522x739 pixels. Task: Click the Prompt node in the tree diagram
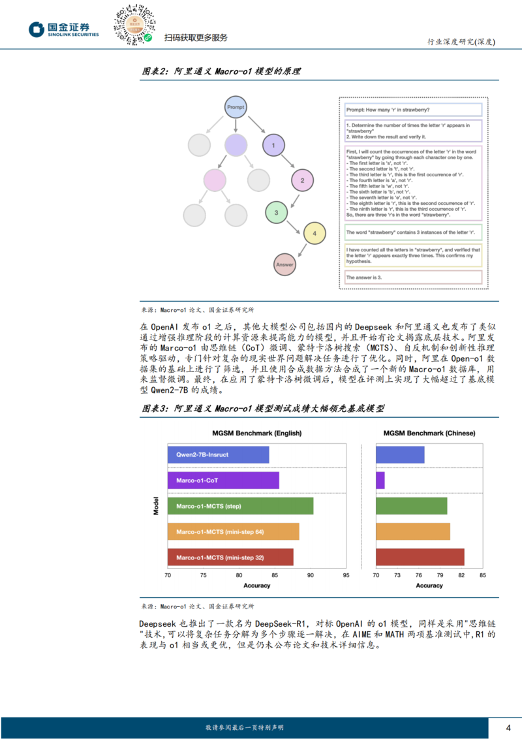[235, 107]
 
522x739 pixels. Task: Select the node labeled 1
[274, 145]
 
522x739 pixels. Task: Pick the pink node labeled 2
[301, 180]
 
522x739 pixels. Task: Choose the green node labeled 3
[277, 213]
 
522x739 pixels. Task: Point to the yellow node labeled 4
[315, 233]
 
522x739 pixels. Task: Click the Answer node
[285, 264]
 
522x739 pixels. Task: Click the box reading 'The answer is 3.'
[413, 277]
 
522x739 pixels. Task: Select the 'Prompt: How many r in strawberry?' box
[413, 110]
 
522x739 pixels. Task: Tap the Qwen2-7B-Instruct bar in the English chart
[218, 455]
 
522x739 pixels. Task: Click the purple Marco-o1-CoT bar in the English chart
[223, 480]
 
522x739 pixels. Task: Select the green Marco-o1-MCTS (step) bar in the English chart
[240, 506]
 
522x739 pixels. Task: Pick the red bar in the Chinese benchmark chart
[420, 557]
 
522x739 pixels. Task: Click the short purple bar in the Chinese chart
[380, 480]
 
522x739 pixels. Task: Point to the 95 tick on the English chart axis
[346, 575]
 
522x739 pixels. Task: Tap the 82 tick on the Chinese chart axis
[461, 575]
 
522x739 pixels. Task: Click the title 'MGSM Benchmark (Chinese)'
[429, 433]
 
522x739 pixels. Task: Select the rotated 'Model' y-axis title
[156, 506]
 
